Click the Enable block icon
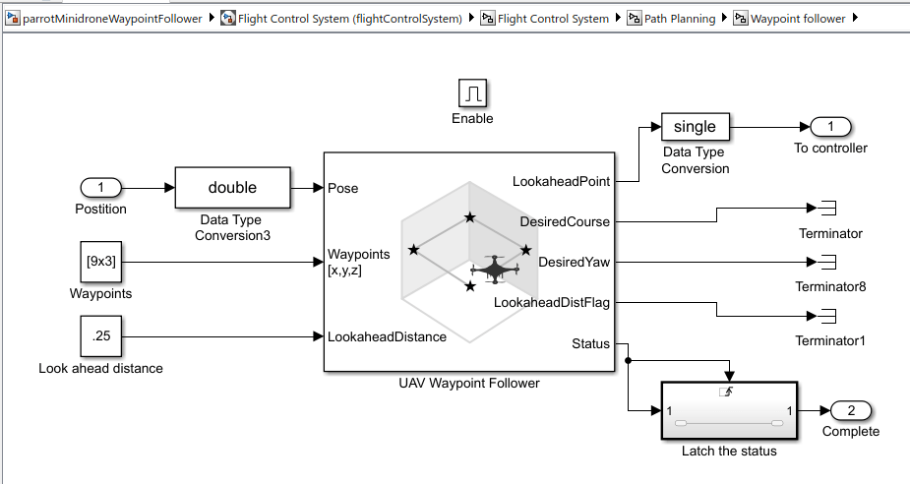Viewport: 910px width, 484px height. point(472,93)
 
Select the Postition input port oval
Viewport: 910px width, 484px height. point(100,187)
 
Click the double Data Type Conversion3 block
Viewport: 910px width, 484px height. point(232,187)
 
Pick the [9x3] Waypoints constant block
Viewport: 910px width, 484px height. point(100,262)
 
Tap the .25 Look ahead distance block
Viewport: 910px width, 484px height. point(100,336)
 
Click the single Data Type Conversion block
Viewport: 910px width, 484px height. point(695,126)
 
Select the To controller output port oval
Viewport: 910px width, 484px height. point(831,126)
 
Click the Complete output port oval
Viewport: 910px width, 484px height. point(851,410)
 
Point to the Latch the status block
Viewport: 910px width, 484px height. point(729,411)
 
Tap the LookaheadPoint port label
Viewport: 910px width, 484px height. point(561,181)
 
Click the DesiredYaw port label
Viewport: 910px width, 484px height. point(574,262)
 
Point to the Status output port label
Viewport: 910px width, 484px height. point(590,343)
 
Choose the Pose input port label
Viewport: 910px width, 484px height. point(343,188)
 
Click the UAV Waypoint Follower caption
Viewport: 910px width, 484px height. point(468,383)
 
